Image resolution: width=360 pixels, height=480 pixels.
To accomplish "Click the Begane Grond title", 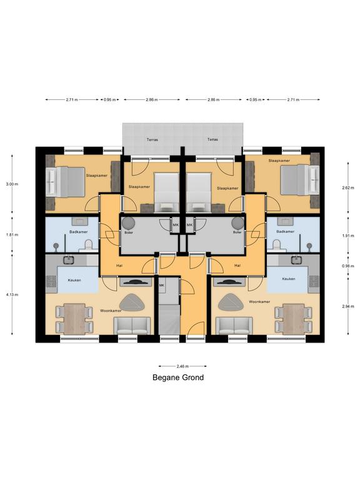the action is pos(178,377).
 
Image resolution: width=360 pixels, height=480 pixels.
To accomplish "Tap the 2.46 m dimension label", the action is pos(182,366).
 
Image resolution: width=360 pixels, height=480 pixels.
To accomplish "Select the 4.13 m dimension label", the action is pos(12,295).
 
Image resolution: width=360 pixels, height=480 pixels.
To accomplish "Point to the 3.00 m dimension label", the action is pos(12,184).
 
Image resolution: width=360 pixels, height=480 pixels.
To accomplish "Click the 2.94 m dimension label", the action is pos(348,306).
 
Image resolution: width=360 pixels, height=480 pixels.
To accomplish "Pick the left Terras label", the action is pos(152,139).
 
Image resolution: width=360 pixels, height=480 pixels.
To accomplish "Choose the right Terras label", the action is pos(212,139).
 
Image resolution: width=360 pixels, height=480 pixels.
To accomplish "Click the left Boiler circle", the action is pos(128,223).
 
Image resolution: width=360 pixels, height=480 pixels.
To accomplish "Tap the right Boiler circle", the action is pos(237,223).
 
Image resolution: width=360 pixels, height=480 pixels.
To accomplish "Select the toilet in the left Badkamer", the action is pos(89,244).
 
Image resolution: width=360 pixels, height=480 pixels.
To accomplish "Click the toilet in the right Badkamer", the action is pos(277,244).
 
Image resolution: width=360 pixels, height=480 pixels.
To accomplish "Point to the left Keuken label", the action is pos(74,280).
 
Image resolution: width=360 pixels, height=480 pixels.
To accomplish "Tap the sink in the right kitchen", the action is pos(296,260).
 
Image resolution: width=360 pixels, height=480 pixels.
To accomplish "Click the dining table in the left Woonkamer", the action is pos(74,319).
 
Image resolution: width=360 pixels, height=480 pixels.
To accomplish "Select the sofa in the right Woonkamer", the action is pos(234,326).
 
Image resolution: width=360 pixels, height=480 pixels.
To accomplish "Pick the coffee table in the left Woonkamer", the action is pos(132,302).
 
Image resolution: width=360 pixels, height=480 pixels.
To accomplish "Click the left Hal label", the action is pos(119,266).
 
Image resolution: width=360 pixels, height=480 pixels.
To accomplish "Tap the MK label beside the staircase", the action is pos(162,285).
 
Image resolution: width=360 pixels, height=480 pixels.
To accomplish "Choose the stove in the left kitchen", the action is pos(51,282).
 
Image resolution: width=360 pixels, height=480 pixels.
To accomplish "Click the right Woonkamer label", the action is pos(259,302).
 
